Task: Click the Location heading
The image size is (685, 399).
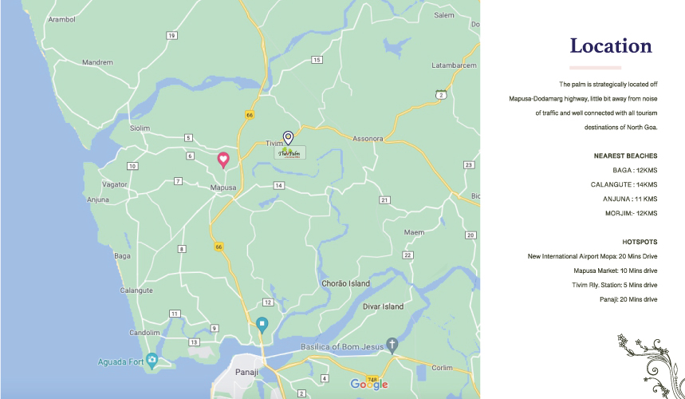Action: [611, 46]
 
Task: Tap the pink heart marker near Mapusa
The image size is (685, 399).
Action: [224, 159]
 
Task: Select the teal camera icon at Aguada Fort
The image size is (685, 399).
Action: [152, 361]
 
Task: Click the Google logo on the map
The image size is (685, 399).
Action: [368, 385]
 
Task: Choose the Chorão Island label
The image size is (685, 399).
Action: [345, 283]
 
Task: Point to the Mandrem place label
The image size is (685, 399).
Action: [98, 62]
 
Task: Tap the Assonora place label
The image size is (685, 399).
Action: [368, 137]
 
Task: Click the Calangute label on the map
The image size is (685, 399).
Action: [136, 290]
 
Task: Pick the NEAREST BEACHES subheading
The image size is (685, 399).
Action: [625, 156]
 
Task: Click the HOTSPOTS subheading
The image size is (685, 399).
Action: [640, 241]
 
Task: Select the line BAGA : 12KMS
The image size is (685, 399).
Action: [635, 170]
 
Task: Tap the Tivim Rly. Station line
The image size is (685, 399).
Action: [614, 285]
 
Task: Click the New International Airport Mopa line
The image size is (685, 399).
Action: [592, 256]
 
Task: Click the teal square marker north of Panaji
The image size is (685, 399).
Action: [262, 324]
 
